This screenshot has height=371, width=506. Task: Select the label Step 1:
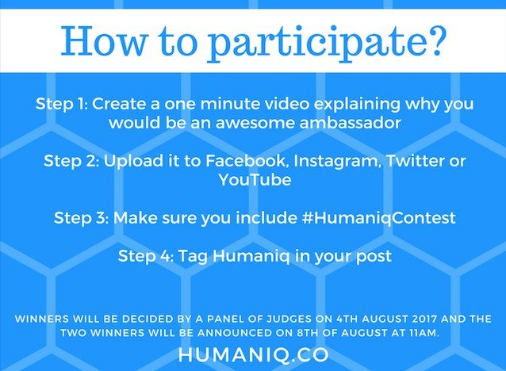click(62, 104)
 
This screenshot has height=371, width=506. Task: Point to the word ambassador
click(351, 123)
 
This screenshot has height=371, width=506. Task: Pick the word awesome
click(255, 123)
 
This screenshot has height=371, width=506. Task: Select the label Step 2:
click(71, 161)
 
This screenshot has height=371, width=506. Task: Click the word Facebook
click(246, 161)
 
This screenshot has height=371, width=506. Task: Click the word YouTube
click(255, 179)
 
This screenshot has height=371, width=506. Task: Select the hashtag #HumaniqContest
click(379, 218)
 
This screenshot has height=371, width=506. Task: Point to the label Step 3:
click(82, 218)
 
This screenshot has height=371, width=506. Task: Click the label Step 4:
click(146, 256)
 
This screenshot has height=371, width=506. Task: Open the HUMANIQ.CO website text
click(253, 354)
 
